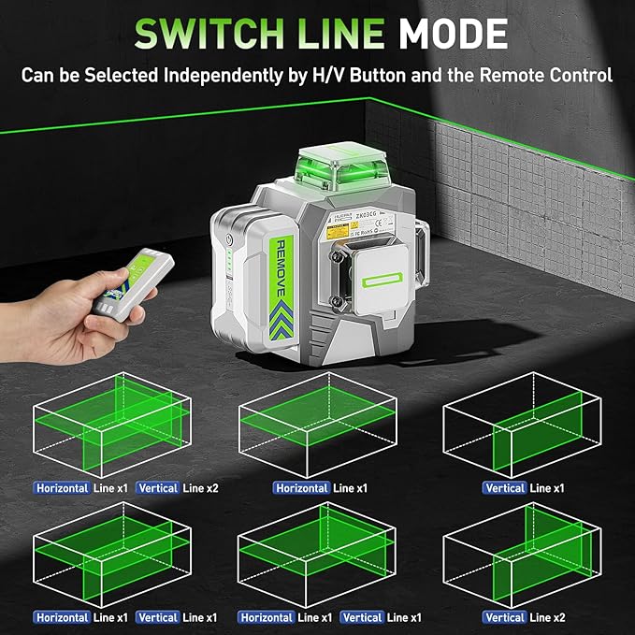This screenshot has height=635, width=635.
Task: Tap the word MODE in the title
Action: [x=454, y=34]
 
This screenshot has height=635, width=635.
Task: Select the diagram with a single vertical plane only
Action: [x=524, y=426]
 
